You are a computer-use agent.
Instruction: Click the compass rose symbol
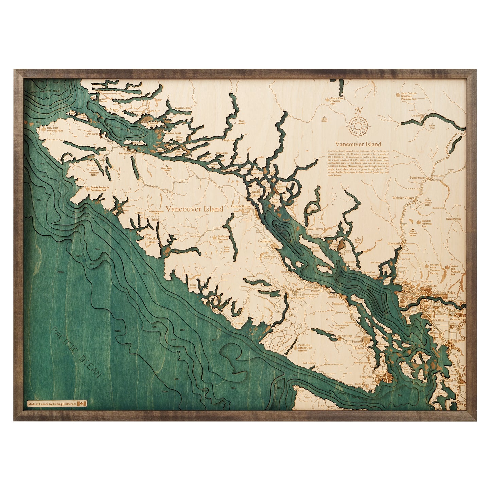[x=358, y=125]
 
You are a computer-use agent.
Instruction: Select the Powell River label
[x=315, y=229]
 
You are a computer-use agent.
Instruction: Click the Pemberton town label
[x=417, y=177]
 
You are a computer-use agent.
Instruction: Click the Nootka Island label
[x=152, y=240]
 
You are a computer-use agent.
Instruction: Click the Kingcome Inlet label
[x=183, y=108]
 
